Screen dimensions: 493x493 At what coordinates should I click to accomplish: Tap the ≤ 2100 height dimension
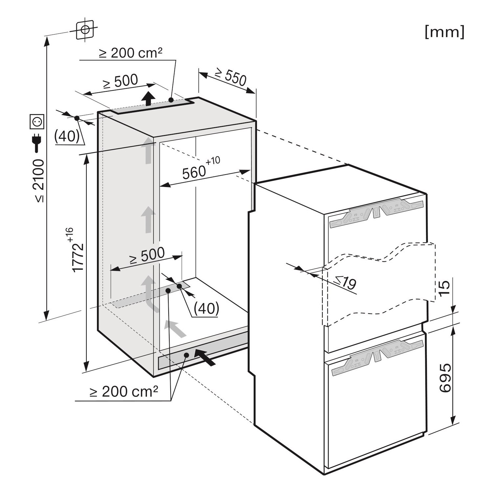(x=39, y=180)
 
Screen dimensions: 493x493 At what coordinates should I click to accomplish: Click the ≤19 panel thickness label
(x=345, y=282)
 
